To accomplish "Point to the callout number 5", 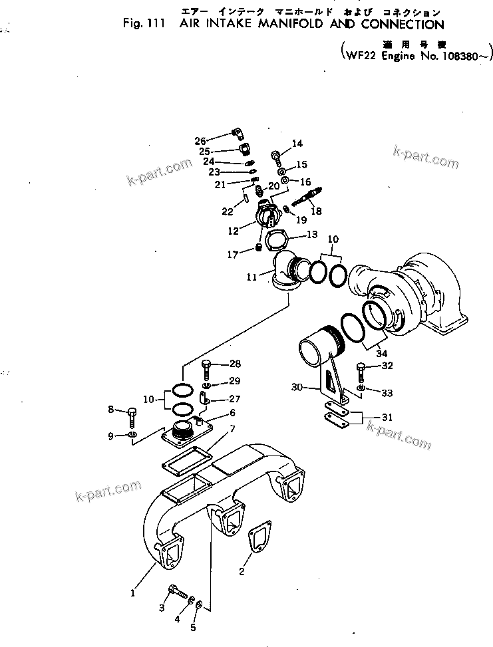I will (x=194, y=626).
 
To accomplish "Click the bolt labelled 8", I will (x=131, y=417).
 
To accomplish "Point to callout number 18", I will (x=315, y=211).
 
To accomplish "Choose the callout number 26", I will (x=201, y=140).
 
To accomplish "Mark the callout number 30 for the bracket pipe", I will (x=297, y=386).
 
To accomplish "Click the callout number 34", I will (x=382, y=353).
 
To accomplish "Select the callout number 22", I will (x=228, y=211).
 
